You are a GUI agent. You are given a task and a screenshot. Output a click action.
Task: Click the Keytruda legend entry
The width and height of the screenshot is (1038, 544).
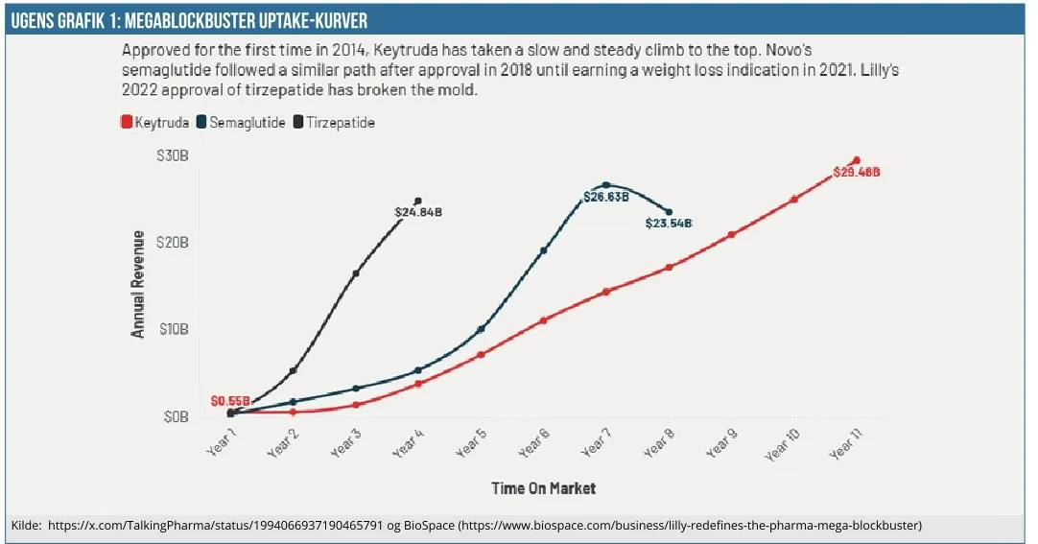click(153, 123)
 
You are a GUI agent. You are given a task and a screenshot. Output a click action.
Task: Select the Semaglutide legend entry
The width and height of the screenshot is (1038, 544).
click(241, 123)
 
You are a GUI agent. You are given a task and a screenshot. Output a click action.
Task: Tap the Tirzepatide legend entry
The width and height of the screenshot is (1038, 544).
click(333, 123)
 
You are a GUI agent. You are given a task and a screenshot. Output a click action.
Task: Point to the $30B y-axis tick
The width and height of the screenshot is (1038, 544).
click(173, 155)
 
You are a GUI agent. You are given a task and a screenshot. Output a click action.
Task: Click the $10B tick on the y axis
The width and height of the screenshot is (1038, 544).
click(173, 329)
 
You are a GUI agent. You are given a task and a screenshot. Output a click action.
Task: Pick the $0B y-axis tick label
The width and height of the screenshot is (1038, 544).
click(177, 416)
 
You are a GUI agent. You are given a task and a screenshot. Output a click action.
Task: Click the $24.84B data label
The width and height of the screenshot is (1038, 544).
click(418, 212)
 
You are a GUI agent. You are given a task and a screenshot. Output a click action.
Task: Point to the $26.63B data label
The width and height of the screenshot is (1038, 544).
click(605, 198)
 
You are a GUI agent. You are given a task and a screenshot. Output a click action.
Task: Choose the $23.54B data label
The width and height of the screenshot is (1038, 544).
click(669, 223)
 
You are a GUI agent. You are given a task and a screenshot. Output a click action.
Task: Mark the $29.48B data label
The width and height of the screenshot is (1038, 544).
click(856, 173)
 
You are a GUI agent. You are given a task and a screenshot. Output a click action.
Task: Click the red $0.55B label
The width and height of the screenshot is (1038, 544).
click(230, 401)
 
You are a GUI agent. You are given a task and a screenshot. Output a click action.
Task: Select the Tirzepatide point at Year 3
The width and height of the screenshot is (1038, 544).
click(356, 273)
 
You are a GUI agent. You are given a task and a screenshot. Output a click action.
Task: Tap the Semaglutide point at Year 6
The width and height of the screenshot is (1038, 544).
click(544, 250)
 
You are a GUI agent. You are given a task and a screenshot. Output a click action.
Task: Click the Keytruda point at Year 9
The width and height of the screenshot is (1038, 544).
click(732, 234)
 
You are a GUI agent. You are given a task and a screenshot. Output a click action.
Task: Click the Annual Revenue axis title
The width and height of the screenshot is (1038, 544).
click(138, 284)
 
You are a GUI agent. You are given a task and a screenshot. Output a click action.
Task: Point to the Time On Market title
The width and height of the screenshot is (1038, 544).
click(543, 488)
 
